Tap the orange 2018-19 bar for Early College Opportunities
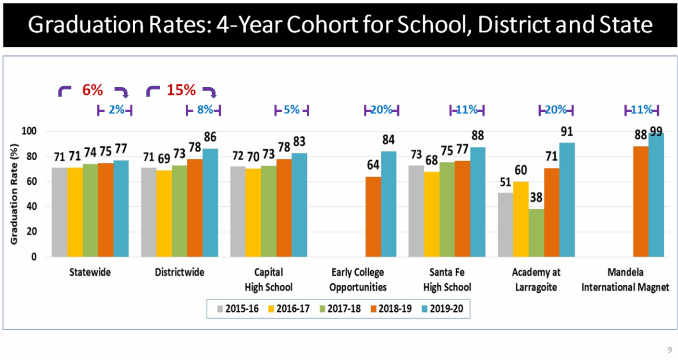point(373,217)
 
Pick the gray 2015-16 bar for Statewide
point(59,212)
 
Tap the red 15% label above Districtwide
point(181,90)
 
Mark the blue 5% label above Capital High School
point(292,110)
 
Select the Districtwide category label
point(180,272)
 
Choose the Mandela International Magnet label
point(625,280)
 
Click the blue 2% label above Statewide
point(116,110)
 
